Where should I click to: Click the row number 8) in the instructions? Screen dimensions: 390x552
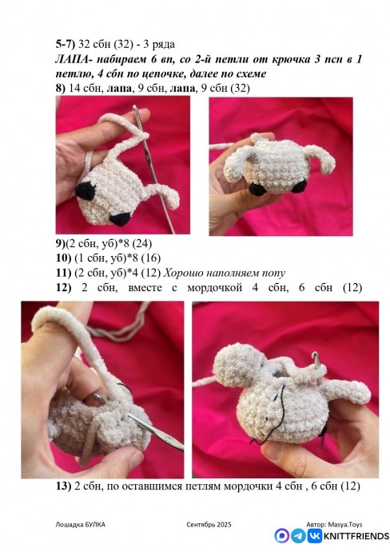pyautogui.click(x=61, y=88)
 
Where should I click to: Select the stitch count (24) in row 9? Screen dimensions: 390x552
pyautogui.click(x=143, y=243)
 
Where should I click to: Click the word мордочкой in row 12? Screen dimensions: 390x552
pyautogui.click(x=214, y=288)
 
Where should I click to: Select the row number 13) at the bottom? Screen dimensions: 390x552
pyautogui.click(x=63, y=486)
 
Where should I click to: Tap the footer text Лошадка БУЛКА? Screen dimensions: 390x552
pyautogui.click(x=80, y=525)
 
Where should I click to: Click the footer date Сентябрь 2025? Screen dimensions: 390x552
pyautogui.click(x=209, y=525)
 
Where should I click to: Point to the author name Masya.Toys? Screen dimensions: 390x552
pyautogui.click(x=345, y=525)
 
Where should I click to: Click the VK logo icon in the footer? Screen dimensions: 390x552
pyautogui.click(x=314, y=536)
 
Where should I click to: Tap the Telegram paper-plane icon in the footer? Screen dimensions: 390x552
pyautogui.click(x=298, y=536)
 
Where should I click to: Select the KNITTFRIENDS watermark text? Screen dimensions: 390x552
pyautogui.click(x=356, y=537)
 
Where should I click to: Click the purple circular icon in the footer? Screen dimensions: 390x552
pyautogui.click(x=281, y=536)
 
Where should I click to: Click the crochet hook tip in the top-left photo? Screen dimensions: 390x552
pyautogui.click(x=135, y=107)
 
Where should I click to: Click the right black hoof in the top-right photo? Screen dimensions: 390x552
pyautogui.click(x=299, y=186)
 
